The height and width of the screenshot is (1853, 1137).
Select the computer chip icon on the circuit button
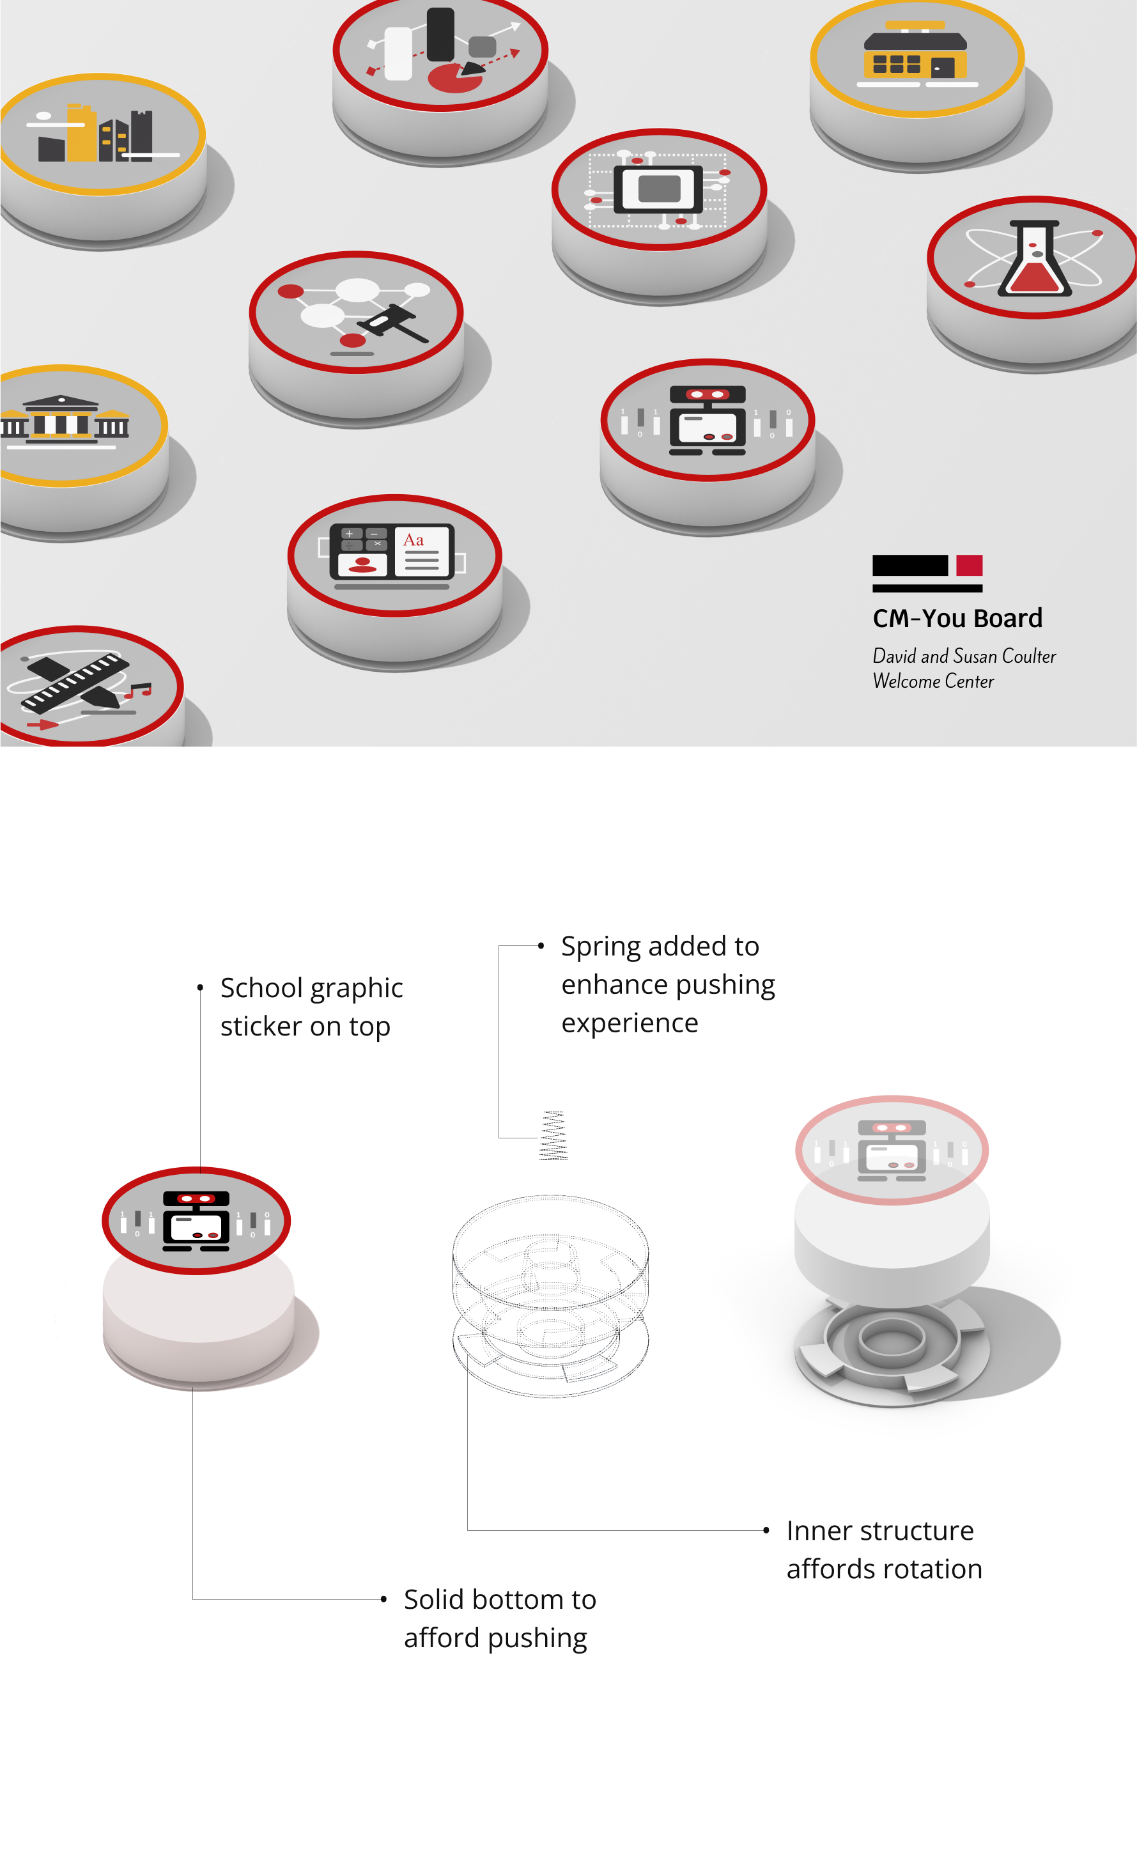pos(658,189)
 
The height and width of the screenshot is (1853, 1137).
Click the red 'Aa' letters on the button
pos(414,540)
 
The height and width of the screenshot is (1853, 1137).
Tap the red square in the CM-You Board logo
pos(970,566)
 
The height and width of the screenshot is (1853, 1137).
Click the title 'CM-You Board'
pos(957,618)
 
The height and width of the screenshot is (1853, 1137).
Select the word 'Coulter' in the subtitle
pos(1029,656)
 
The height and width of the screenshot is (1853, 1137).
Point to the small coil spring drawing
pos(553,1136)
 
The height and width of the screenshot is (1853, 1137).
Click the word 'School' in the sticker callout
pos(261,988)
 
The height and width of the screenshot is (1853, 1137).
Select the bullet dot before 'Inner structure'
pos(766,1530)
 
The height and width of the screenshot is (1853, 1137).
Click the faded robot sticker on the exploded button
pos(892,1151)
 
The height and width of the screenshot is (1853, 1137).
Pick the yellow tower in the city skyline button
pos(81,133)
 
